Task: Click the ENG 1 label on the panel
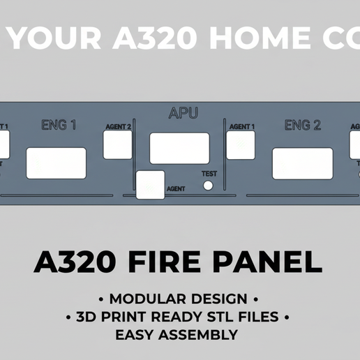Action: [59, 126]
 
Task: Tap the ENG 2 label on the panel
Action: [302, 126]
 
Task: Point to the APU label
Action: [183, 112]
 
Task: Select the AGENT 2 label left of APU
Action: [118, 127]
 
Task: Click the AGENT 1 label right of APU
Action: [242, 127]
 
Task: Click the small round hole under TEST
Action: [208, 185]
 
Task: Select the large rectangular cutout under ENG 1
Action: [57, 163]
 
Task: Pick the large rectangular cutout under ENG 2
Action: [302, 163]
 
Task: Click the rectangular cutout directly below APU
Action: [179, 148]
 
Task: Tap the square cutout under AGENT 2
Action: [118, 144]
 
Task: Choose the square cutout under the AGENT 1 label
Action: [241, 144]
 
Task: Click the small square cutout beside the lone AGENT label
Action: [151, 185]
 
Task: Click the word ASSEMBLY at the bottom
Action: [202, 335]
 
